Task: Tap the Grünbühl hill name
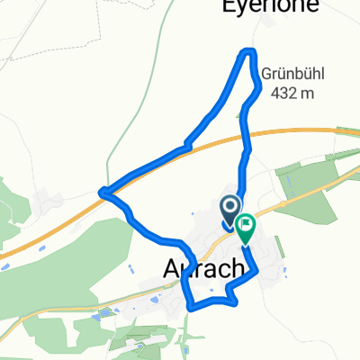tap(287, 74)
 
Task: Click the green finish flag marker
tap(246, 228)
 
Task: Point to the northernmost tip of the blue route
tap(249, 51)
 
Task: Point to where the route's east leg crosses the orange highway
tap(244, 134)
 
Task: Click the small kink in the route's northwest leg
tap(185, 142)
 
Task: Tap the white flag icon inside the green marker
tap(247, 224)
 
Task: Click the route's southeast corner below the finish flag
tap(256, 271)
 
